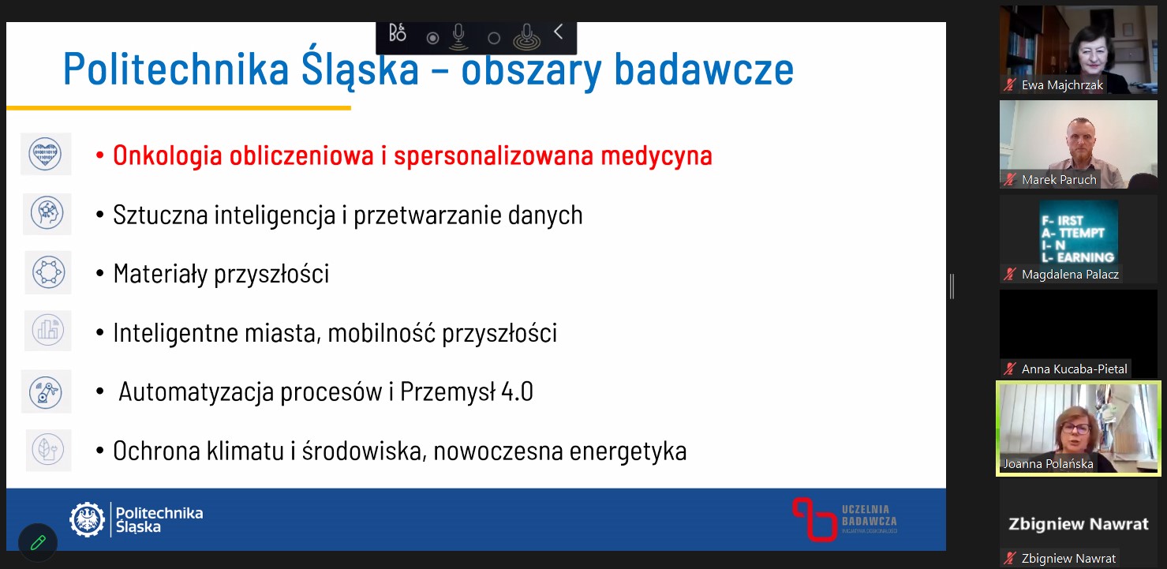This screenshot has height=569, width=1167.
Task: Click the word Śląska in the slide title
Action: coord(360,69)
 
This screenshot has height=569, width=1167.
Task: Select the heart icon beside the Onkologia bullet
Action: coord(45,154)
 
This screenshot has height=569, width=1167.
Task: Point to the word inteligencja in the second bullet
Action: coord(275,215)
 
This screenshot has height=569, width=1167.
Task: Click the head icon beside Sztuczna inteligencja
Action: coord(47,213)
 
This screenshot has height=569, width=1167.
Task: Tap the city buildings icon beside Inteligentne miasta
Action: coord(48,330)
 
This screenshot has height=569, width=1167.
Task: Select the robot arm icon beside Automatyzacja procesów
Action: coord(46,392)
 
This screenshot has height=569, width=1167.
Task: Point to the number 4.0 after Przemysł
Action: coord(517,392)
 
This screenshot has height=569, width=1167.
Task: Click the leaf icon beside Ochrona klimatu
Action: coord(48,449)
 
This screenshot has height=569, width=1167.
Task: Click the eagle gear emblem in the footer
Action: coord(87,519)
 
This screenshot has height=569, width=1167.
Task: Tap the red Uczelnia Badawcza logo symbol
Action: coord(814,519)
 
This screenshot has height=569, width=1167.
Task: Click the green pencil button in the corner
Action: coord(38,543)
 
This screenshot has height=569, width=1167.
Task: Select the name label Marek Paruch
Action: coord(1059,180)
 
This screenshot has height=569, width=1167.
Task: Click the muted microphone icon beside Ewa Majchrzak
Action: coord(1010,84)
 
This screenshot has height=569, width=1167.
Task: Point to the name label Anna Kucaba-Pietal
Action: coord(1074,369)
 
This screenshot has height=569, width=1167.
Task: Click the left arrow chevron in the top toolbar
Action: coord(558,32)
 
